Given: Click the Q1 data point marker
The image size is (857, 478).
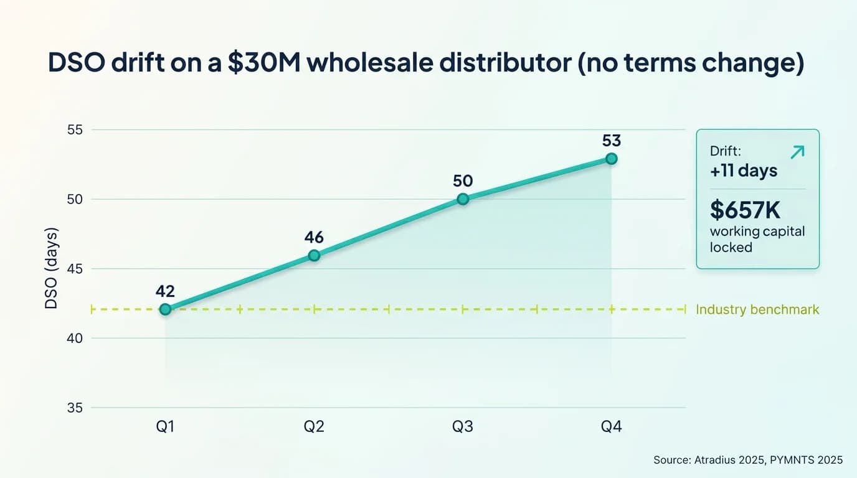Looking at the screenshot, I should [165, 309].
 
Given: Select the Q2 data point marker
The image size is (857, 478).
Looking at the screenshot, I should [314, 255].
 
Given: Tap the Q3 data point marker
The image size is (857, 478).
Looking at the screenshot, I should [463, 199].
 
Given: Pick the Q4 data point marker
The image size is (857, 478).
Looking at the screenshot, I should [612, 159].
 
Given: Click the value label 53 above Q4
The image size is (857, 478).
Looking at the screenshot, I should [612, 141].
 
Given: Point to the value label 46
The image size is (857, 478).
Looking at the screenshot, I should [314, 237].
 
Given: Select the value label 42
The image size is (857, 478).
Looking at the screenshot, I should [165, 291].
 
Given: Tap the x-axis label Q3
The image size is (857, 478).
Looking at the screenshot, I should [463, 426].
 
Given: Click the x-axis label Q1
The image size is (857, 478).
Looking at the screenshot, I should [165, 426].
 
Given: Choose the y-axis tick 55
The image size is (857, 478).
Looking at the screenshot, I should [73, 130].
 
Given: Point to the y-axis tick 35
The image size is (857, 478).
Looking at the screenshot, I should [73, 408].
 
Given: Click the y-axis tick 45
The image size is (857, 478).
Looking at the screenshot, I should [73, 269].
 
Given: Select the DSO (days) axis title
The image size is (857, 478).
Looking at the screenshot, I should [52, 269].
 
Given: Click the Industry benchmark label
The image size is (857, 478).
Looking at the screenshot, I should [757, 309].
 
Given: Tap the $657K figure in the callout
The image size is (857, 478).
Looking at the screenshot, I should [745, 210].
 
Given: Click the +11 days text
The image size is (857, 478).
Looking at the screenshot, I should [744, 171].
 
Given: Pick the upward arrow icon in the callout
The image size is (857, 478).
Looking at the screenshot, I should [797, 152].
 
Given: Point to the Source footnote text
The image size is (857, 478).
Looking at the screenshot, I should [747, 460].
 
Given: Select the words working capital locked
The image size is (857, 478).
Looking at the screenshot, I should [757, 239].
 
